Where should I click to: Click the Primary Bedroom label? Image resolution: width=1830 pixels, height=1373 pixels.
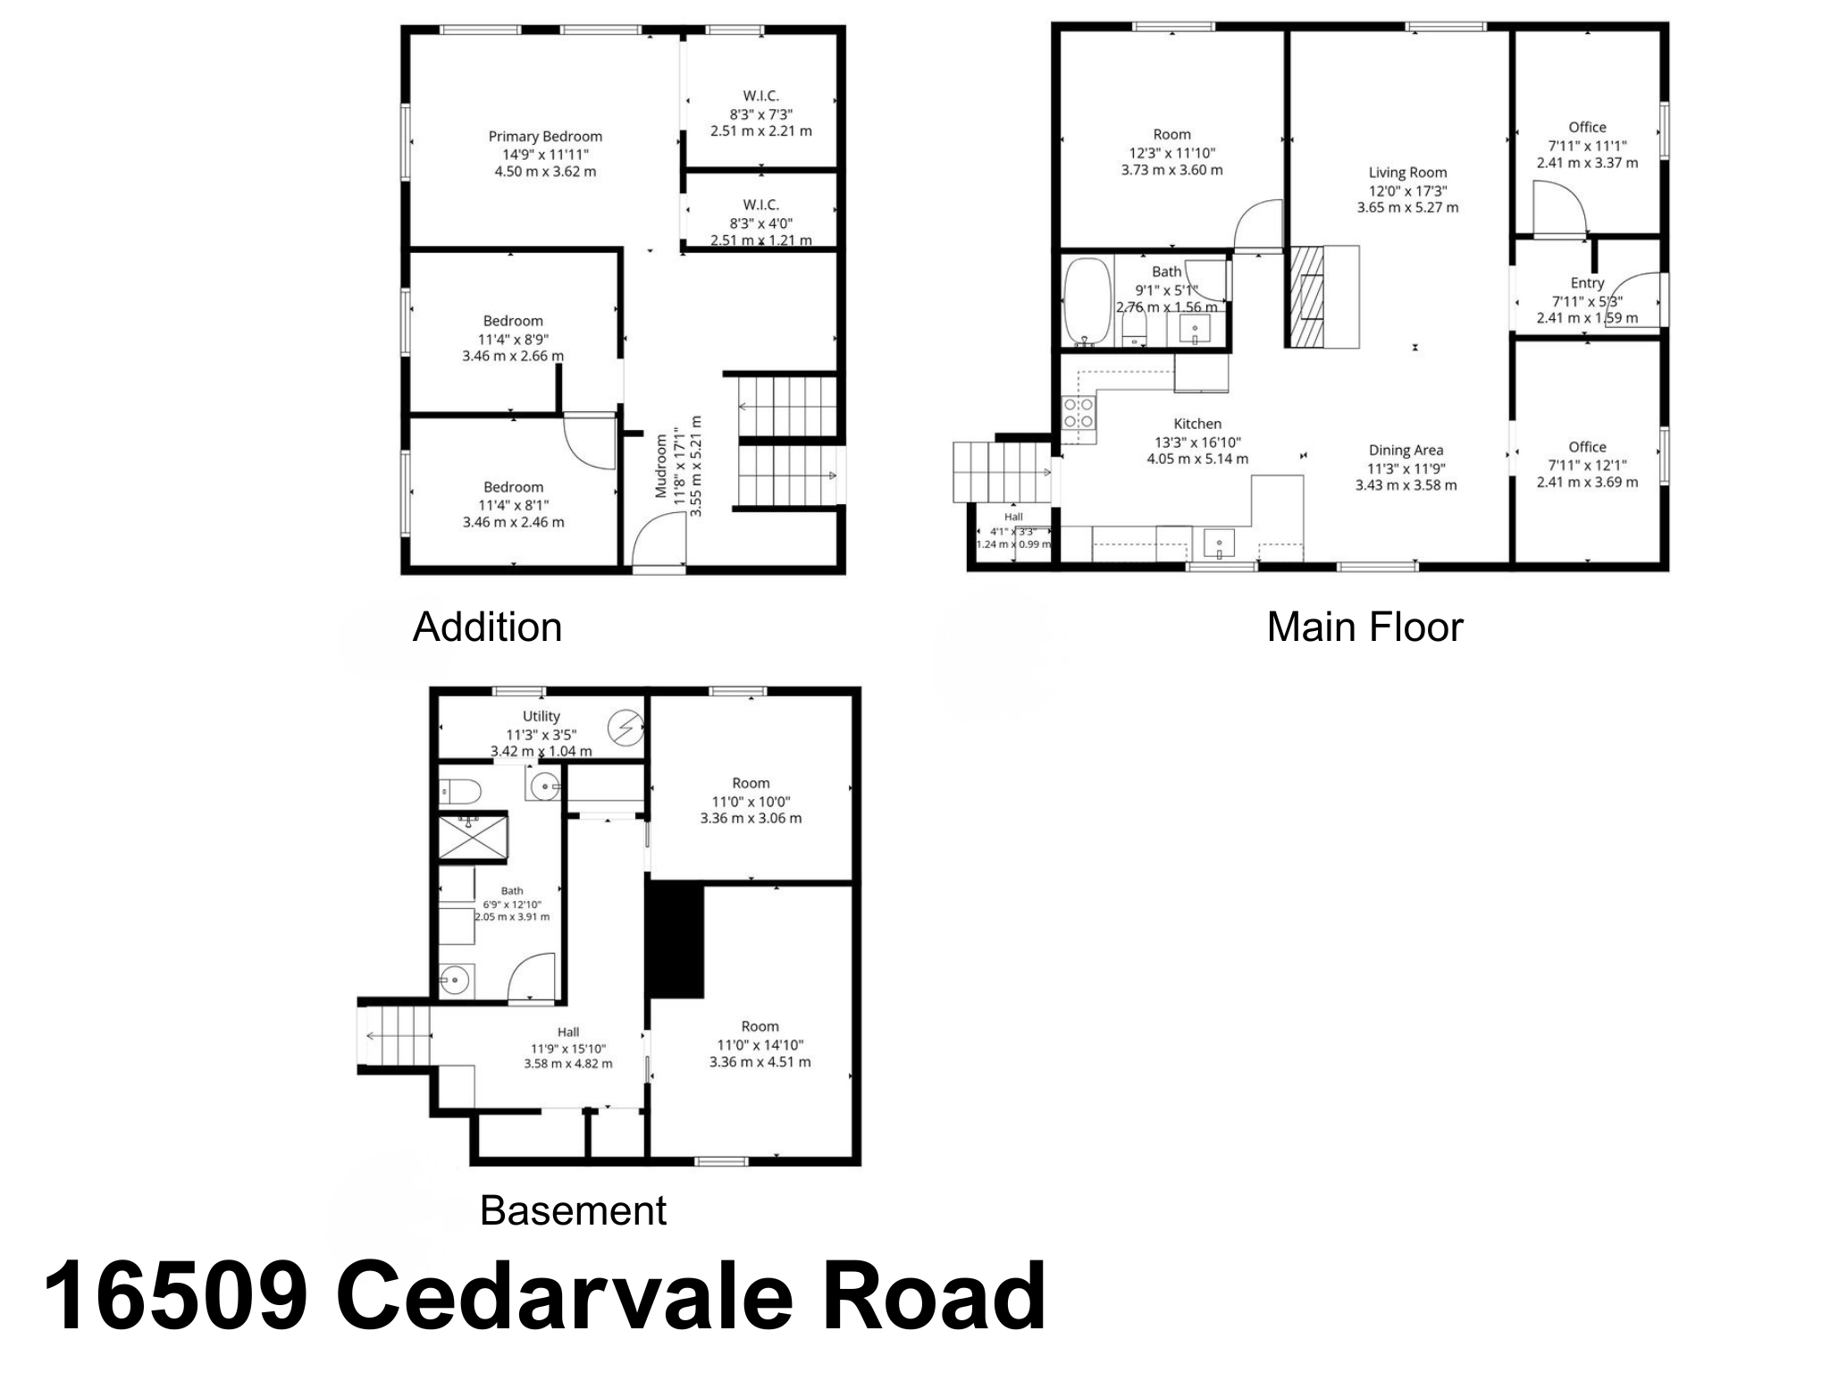pos(545,137)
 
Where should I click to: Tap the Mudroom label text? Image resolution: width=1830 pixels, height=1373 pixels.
pos(661,466)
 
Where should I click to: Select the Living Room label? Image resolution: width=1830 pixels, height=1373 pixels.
pos(1407,173)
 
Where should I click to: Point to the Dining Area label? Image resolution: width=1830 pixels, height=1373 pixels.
pos(1406,451)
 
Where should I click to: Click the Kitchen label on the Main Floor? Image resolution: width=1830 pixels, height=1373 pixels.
pos(1197,424)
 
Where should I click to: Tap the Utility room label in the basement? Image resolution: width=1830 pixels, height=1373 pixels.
pos(541,716)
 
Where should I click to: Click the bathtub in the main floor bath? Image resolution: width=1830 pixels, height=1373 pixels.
pos(1087,302)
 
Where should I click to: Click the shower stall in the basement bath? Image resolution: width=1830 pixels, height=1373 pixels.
pos(473,838)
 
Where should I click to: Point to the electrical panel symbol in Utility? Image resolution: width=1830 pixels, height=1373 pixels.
pos(625,728)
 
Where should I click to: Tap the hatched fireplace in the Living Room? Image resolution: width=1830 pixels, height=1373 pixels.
pos(1305,296)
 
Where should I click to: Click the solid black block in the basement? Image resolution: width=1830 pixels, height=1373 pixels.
pos(676,939)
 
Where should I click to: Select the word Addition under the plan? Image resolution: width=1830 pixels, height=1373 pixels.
pos(487,628)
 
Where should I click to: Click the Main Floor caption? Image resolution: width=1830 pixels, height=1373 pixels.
pos(1364,628)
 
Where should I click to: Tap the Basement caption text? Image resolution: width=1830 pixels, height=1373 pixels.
pos(573,1211)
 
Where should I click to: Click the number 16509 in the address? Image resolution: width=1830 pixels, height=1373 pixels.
pos(177,1296)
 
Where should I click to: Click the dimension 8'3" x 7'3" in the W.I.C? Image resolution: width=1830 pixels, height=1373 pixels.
pos(761,114)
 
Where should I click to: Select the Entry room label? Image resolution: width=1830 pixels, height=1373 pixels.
pos(1587,283)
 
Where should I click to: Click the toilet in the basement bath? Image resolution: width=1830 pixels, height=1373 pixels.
pos(460,792)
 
